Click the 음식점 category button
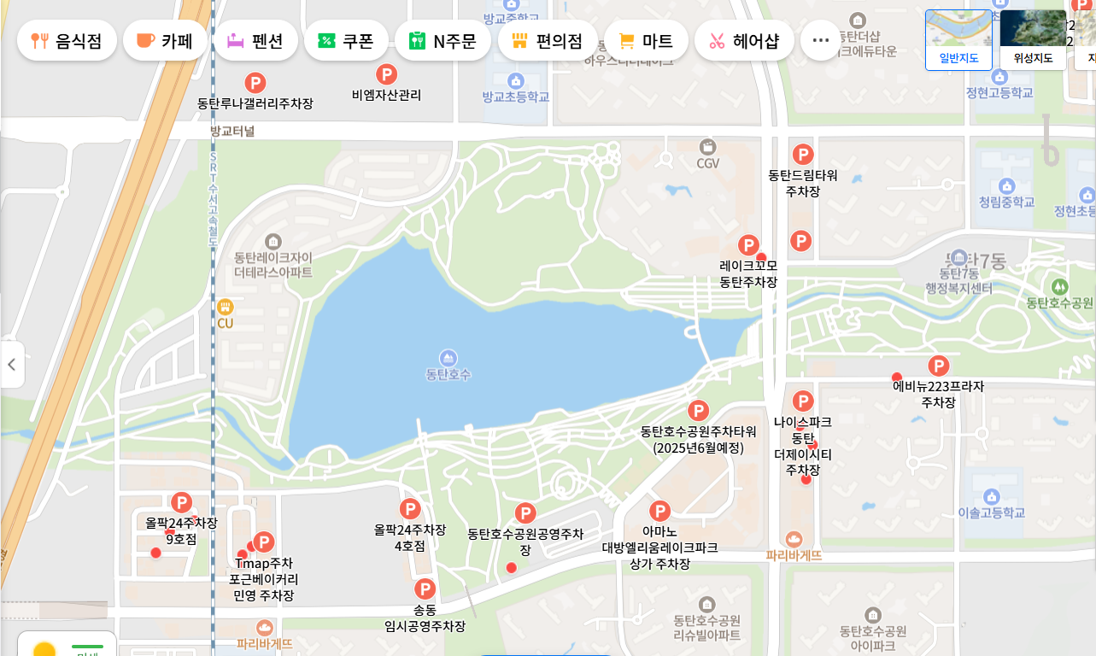(67, 40)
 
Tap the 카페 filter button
(165, 40)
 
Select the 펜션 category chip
(255, 40)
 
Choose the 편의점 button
(547, 40)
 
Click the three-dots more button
(820, 40)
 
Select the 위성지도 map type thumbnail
(1033, 38)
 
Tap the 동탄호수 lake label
(448, 374)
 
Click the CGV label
(707, 162)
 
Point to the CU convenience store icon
(225, 307)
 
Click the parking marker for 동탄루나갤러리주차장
(255, 83)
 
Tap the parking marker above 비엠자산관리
(387, 74)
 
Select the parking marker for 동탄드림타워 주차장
(803, 155)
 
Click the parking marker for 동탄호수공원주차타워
(698, 411)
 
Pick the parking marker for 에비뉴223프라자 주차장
(939, 366)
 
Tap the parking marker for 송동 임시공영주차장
(425, 589)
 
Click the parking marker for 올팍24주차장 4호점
(410, 509)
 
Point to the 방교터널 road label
(232, 131)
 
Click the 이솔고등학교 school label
(991, 512)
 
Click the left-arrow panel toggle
(12, 365)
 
